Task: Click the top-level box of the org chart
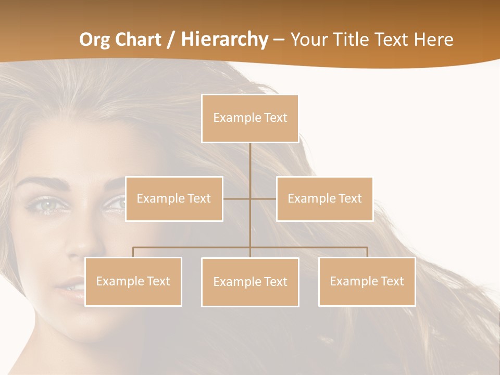tap(250, 118)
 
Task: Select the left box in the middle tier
tap(174, 198)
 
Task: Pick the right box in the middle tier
tap(324, 198)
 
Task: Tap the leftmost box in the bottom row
tap(133, 281)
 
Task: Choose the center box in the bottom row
tap(250, 282)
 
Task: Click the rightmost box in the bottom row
tap(367, 281)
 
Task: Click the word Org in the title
tap(95, 40)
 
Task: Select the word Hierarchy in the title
tap(224, 40)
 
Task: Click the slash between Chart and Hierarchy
tap(171, 40)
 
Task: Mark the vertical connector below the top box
tap(250, 167)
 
